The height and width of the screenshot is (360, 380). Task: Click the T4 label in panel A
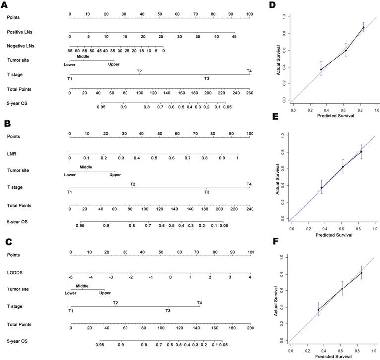249,71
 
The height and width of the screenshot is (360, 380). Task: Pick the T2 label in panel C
115,303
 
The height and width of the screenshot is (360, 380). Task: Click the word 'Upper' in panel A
114,64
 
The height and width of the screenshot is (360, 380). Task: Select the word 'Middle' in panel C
82,286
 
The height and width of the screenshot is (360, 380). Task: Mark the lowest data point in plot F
318,310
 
